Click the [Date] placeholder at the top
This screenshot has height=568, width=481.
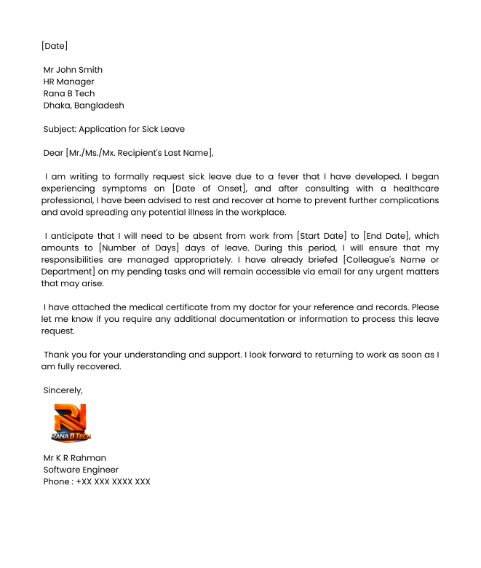coord(55,46)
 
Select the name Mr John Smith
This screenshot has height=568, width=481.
coord(73,70)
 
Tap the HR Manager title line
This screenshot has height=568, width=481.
coord(69,82)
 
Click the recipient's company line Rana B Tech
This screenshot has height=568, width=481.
coord(69,93)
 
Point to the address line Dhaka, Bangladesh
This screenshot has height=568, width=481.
coord(84,105)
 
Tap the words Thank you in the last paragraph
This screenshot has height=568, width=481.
coord(64,355)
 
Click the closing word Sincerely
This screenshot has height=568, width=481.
coord(63,390)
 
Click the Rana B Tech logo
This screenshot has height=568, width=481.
coord(71,423)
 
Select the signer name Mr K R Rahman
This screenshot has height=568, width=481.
coord(75,458)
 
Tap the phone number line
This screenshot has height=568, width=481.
coord(97,481)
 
